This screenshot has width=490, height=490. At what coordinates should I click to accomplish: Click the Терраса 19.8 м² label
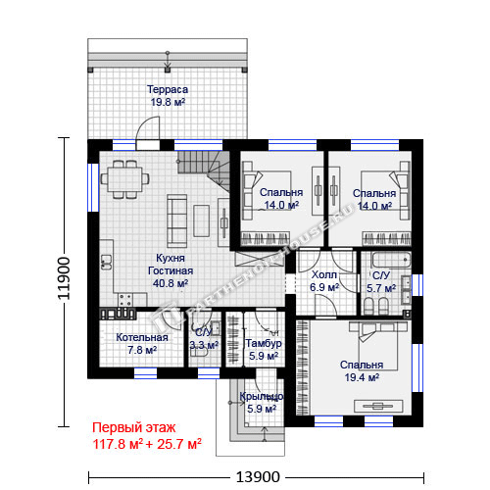(168, 95)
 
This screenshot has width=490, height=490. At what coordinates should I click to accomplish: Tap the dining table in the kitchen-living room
(124, 179)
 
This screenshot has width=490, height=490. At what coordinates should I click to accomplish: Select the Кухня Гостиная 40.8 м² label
(171, 270)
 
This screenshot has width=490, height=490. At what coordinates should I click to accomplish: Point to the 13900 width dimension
(258, 477)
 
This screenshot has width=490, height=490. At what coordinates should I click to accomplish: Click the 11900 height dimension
(64, 278)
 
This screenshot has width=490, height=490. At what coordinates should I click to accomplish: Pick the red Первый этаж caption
(134, 427)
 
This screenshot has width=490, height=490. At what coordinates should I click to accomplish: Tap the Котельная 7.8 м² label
(142, 344)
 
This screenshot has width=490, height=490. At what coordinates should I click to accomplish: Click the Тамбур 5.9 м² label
(264, 349)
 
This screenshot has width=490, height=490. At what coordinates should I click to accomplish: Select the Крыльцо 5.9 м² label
(262, 403)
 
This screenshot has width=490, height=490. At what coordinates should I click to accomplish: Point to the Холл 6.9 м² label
(324, 281)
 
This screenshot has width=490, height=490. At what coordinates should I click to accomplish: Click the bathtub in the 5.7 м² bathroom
(391, 260)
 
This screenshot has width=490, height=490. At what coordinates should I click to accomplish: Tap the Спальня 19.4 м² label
(362, 371)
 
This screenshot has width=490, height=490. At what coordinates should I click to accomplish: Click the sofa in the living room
(176, 220)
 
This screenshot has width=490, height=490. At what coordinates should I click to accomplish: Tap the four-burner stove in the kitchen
(125, 300)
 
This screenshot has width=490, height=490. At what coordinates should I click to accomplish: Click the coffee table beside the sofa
(201, 220)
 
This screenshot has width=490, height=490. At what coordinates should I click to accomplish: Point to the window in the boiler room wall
(145, 373)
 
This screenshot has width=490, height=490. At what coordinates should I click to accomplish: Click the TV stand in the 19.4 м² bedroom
(378, 406)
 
